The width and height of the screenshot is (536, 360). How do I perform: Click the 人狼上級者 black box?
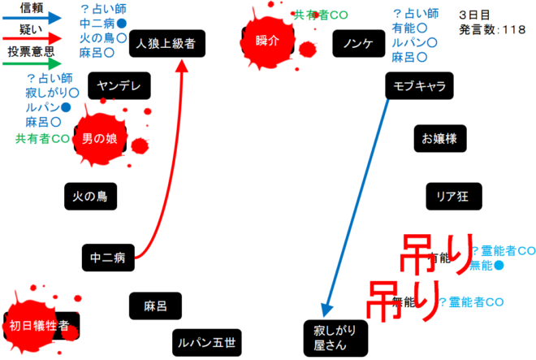click(x=166, y=43)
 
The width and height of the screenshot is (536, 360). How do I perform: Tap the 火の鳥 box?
click(x=90, y=196)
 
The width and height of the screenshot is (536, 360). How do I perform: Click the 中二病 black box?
click(x=108, y=258)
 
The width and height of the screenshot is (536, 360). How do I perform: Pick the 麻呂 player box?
click(x=154, y=306)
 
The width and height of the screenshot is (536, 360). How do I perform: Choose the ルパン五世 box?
click(x=208, y=343)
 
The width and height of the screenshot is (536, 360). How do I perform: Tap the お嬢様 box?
click(x=439, y=138)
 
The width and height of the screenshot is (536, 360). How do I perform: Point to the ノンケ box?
click(x=357, y=43)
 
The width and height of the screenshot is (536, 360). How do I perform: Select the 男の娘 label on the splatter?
click(x=99, y=139)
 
